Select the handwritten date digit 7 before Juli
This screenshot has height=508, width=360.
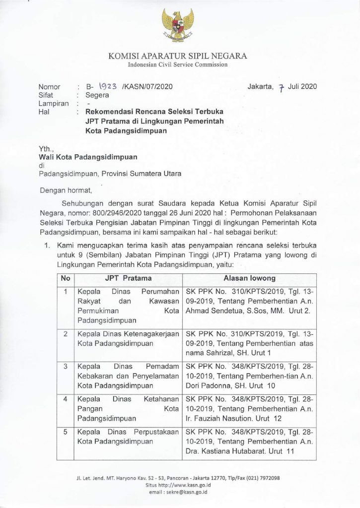pos(281,88)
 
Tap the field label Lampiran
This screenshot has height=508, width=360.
pos(54,104)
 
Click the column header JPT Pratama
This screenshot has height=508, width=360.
pos(128,278)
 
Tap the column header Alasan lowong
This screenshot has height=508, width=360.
pos(249,278)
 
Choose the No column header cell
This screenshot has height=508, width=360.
pos(66,278)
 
